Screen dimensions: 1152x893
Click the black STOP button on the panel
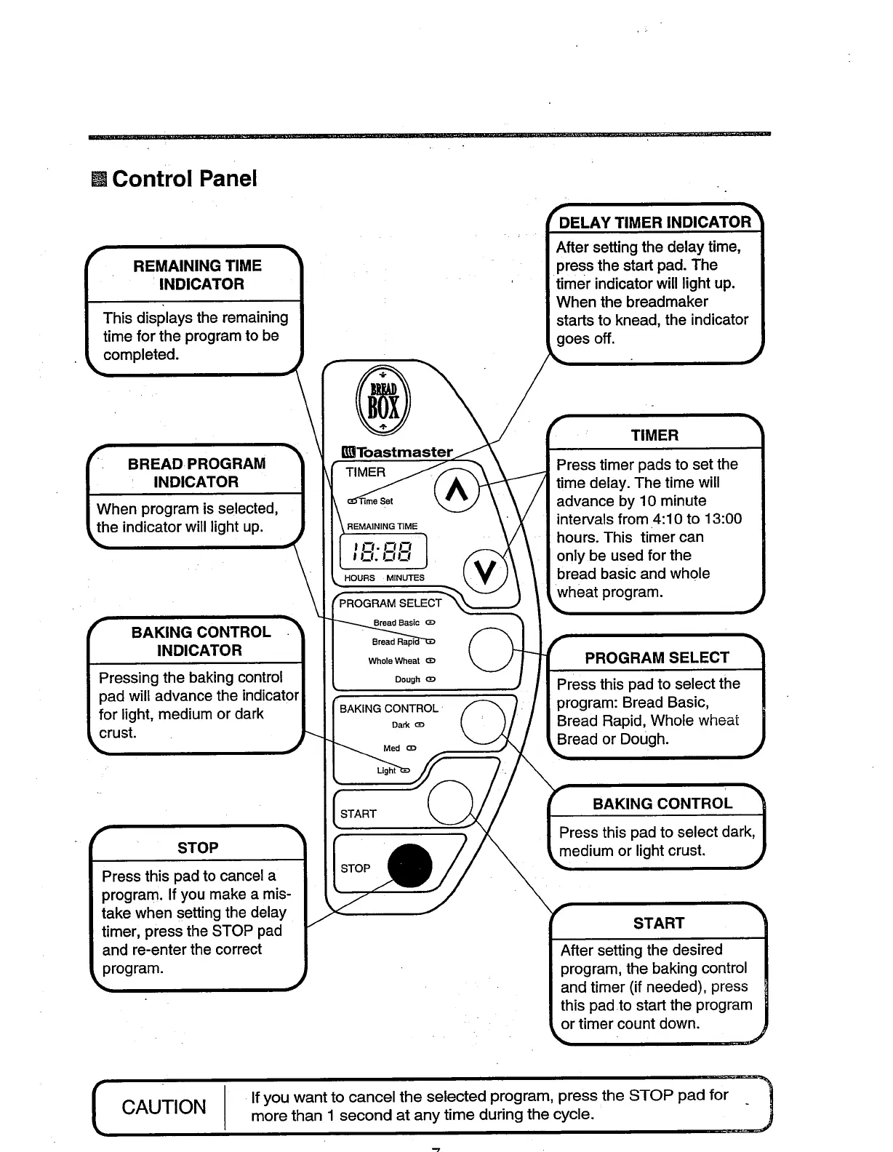point(410,865)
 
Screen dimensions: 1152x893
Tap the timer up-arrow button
point(457,492)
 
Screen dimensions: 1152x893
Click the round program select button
point(492,649)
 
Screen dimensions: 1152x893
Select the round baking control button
point(483,721)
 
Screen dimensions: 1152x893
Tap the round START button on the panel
point(451,803)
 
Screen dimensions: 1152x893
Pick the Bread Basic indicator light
point(431,623)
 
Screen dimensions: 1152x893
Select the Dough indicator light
point(431,680)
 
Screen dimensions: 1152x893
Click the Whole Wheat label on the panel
point(393,661)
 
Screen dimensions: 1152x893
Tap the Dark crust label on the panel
point(401,725)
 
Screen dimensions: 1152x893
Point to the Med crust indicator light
point(412,748)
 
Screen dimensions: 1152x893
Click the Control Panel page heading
point(184,178)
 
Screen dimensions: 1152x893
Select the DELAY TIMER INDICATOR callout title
point(654,222)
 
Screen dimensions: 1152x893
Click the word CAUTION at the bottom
point(164,1107)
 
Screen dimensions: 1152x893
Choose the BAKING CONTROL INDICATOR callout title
point(200,641)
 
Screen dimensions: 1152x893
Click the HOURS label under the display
point(359,578)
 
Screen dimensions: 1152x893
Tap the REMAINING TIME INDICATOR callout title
point(197,274)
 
